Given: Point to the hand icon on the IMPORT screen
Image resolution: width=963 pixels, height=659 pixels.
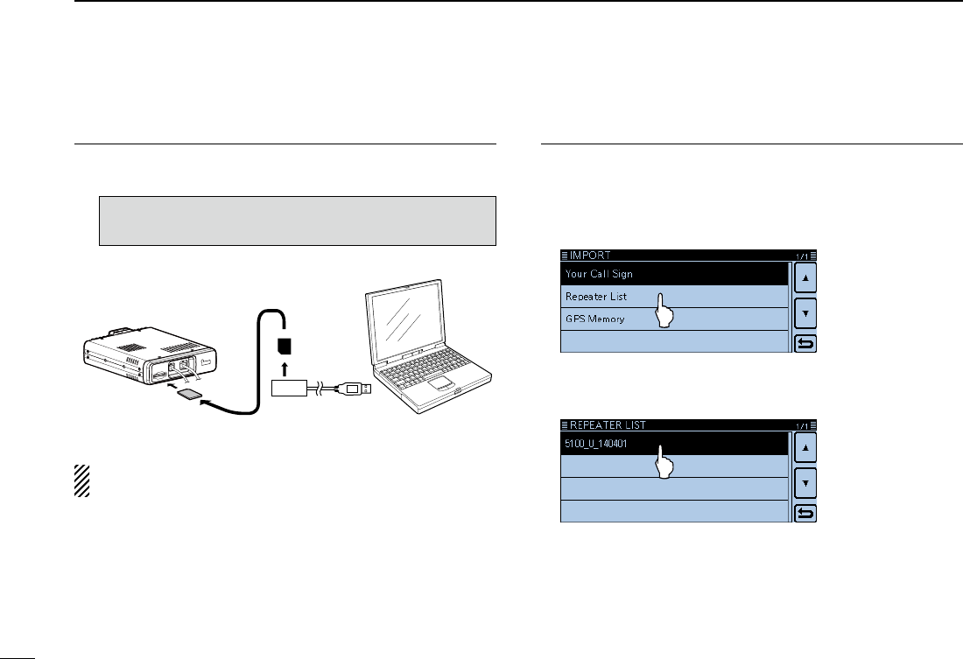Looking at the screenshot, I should (663, 311).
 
